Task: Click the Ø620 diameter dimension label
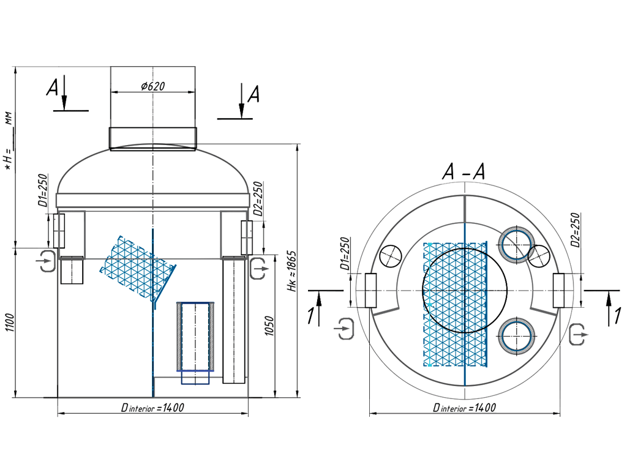[x=153, y=86]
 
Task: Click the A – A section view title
[x=464, y=174]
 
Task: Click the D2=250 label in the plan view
[x=574, y=229]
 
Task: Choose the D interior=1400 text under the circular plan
[x=464, y=408]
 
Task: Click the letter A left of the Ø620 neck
[x=53, y=89]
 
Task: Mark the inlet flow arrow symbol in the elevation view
[x=45, y=261]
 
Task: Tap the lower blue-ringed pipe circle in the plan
[x=516, y=337]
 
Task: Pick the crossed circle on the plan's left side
[x=390, y=255]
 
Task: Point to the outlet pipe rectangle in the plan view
[x=558, y=290]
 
